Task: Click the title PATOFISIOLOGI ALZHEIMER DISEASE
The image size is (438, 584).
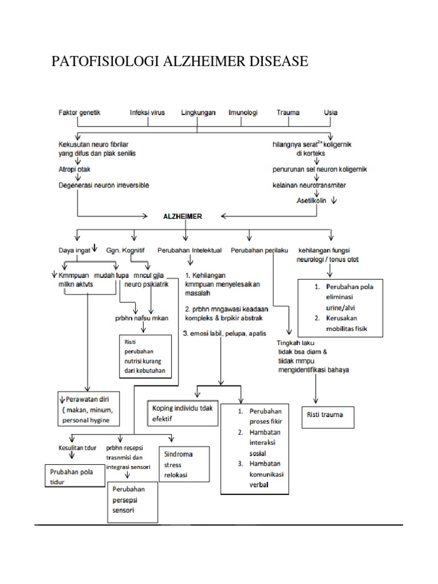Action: tap(180, 61)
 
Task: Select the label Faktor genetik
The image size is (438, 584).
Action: tap(79, 112)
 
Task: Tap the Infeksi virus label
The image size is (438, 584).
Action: tap(147, 112)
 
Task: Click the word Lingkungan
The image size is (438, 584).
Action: tap(198, 112)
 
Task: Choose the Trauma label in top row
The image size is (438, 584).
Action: tap(288, 112)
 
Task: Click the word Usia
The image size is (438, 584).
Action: tap(330, 112)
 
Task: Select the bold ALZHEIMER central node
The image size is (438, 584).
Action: tap(183, 217)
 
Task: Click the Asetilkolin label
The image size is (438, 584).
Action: tap(313, 201)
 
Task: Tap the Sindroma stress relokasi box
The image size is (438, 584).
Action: tap(184, 465)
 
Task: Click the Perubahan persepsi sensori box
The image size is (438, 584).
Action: tap(132, 500)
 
